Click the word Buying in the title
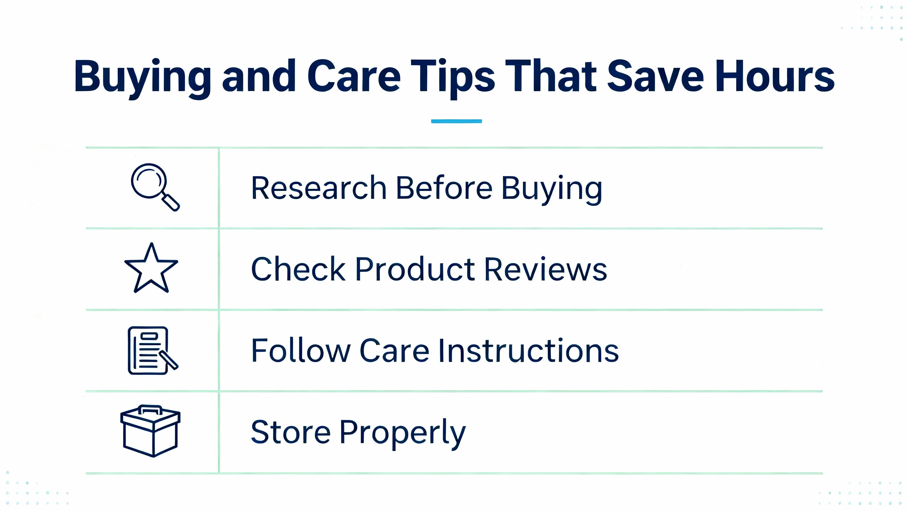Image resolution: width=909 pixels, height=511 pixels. pyautogui.click(x=142, y=78)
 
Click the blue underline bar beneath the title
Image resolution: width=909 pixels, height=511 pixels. pyautogui.click(x=457, y=121)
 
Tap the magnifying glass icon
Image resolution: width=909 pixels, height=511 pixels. pyautogui.click(x=155, y=187)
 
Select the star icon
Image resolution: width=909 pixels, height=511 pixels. pyautogui.click(x=151, y=268)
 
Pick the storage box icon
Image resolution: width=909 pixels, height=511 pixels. pyautogui.click(x=151, y=431)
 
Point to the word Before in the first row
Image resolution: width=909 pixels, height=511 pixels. pyautogui.click(x=444, y=188)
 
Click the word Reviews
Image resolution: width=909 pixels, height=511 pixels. pyautogui.click(x=546, y=269)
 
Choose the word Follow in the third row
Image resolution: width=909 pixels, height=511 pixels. pyautogui.click(x=301, y=351)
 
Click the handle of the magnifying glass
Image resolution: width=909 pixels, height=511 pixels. pyautogui.click(x=171, y=203)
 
